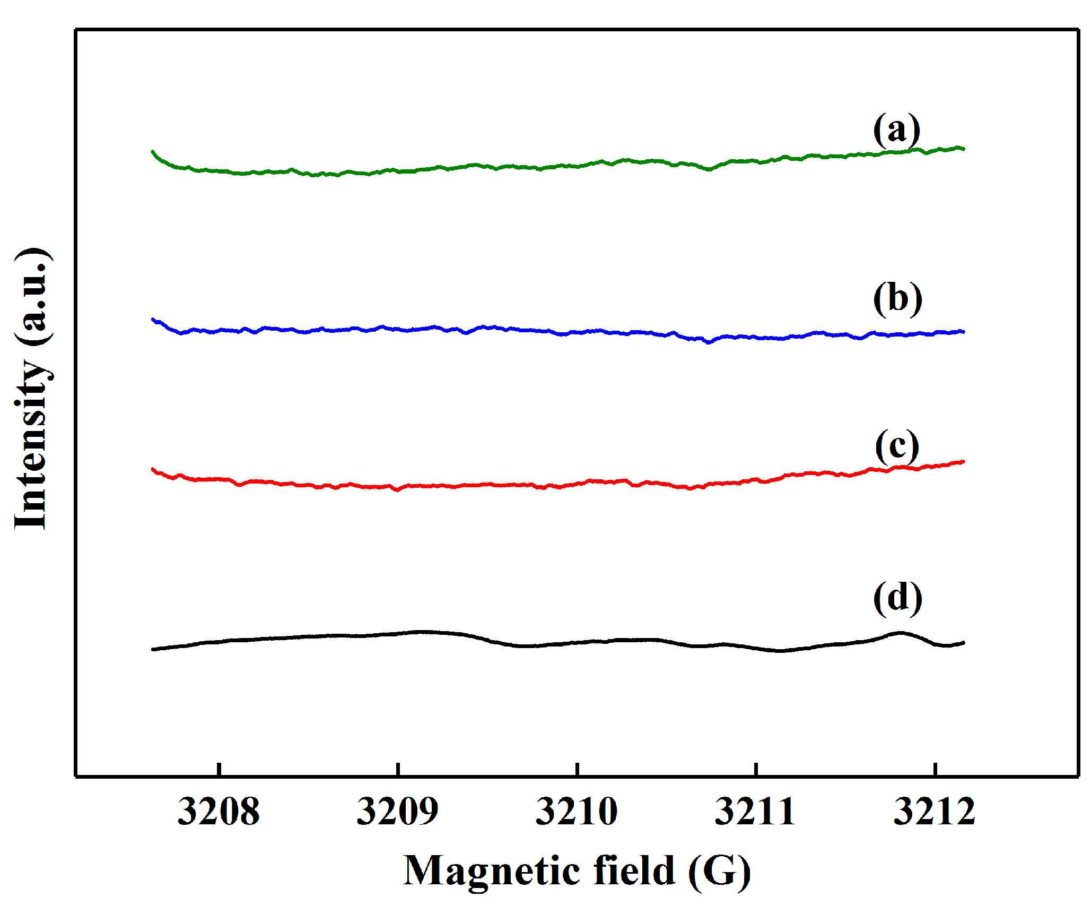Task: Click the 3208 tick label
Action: pyautogui.click(x=219, y=812)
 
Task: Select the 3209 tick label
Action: pyautogui.click(x=398, y=812)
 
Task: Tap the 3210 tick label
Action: pyautogui.click(x=577, y=812)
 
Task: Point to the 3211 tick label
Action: pyautogui.click(x=756, y=812)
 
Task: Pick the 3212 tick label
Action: pyautogui.click(x=935, y=812)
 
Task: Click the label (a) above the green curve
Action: pyautogui.click(x=897, y=130)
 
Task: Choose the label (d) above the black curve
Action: pyautogui.click(x=898, y=598)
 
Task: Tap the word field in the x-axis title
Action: pyautogui.click(x=634, y=870)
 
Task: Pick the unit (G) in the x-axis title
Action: pyautogui.click(x=719, y=872)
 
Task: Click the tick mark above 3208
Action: pyautogui.click(x=219, y=769)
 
